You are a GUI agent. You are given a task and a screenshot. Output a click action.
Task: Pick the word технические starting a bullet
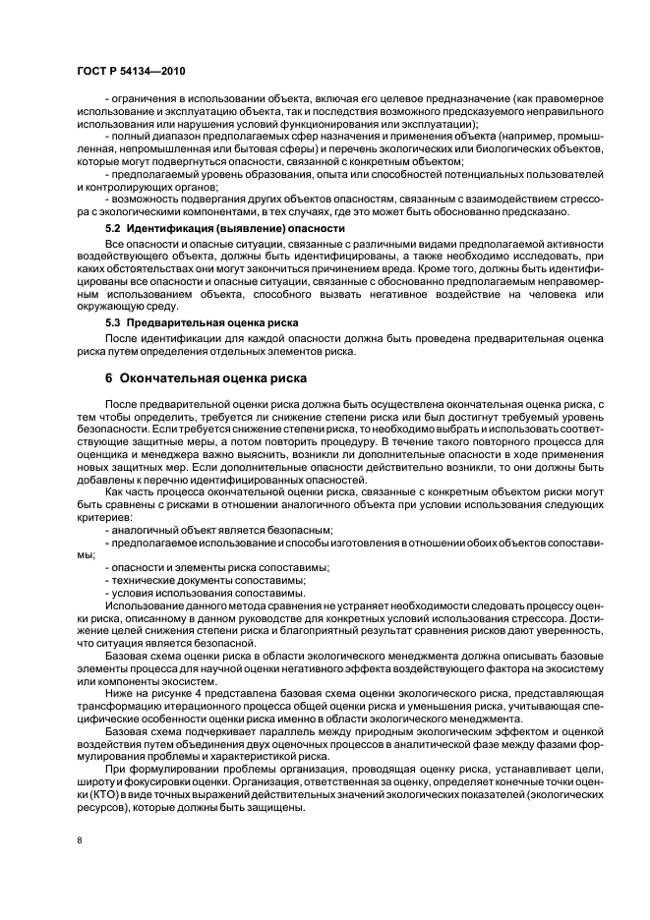(142, 581)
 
